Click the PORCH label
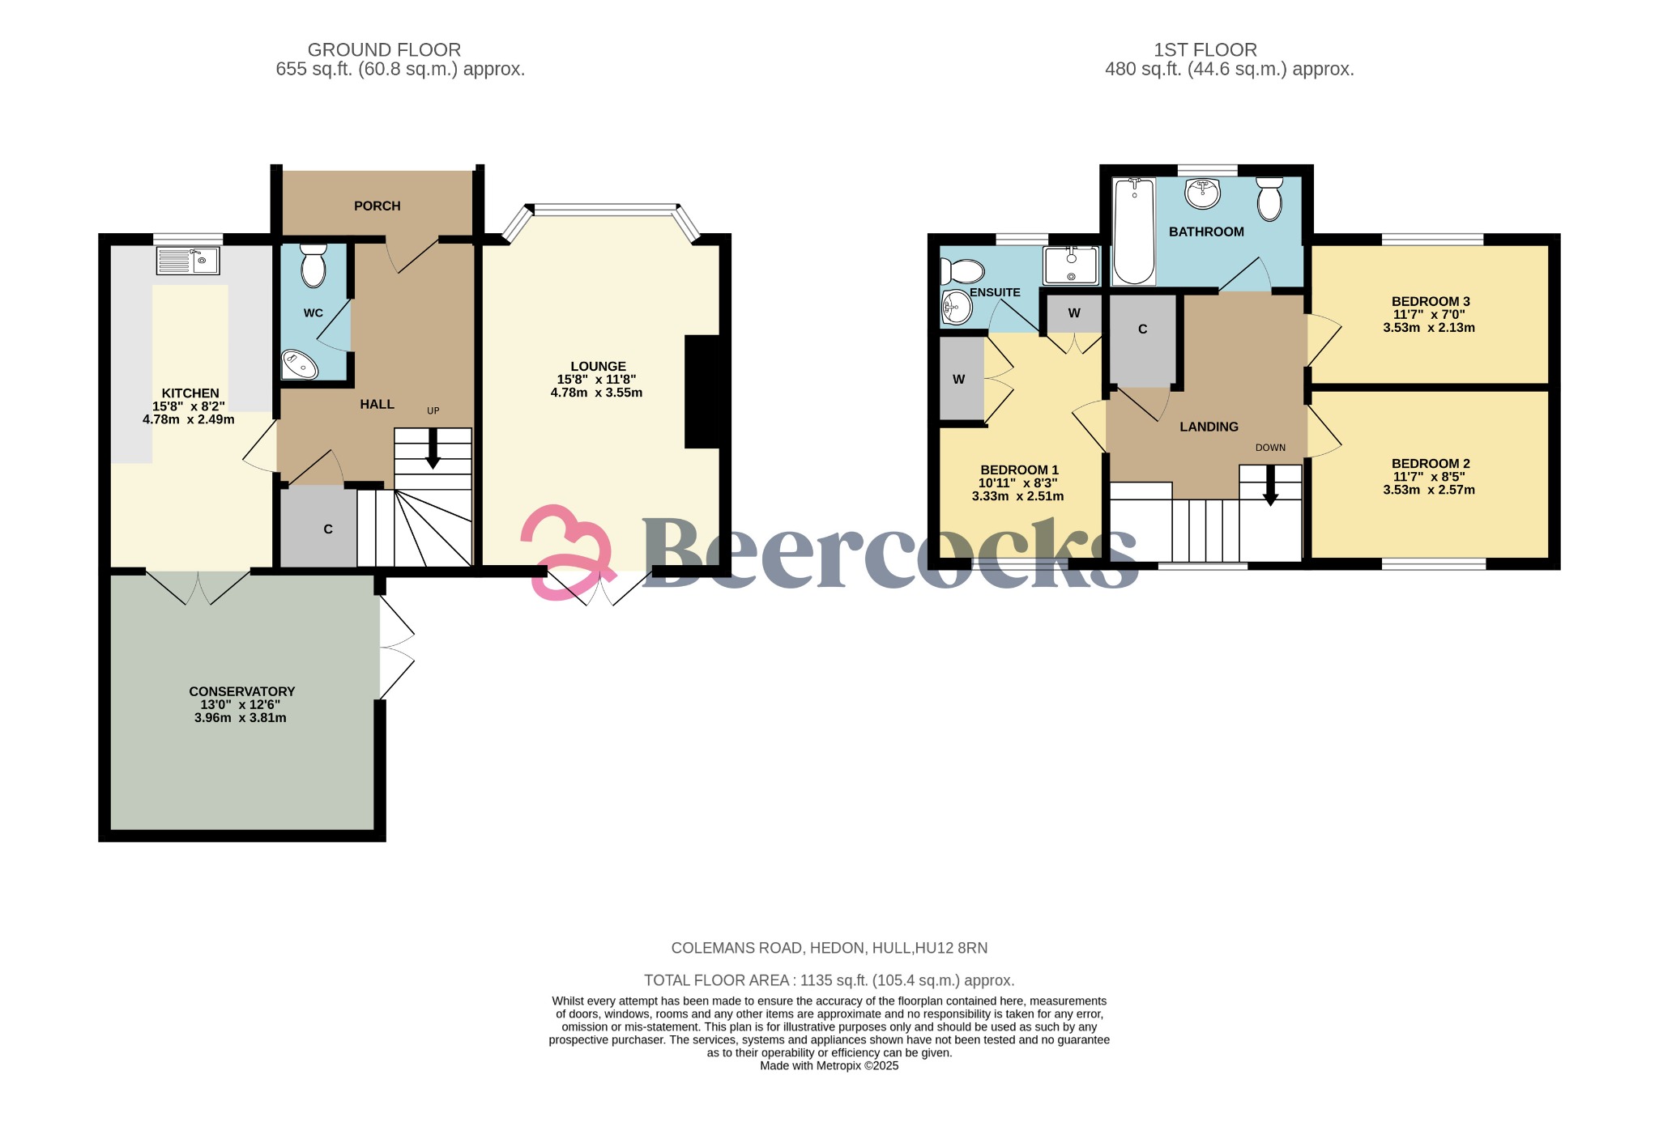point(377,206)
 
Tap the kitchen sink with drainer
point(188,261)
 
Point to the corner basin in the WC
point(299,365)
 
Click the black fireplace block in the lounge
point(702,392)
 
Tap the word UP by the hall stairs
point(433,411)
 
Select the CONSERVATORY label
point(241,691)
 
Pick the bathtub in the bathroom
point(1134,232)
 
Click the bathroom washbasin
point(1203,193)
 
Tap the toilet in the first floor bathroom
point(1269,198)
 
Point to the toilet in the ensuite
point(962,271)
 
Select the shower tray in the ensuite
point(1071,266)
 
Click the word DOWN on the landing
point(1270,448)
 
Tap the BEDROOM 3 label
point(1430,301)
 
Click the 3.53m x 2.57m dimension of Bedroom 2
point(1428,490)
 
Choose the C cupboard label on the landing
point(1142,329)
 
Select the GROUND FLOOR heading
point(384,50)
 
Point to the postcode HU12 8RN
point(958,948)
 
